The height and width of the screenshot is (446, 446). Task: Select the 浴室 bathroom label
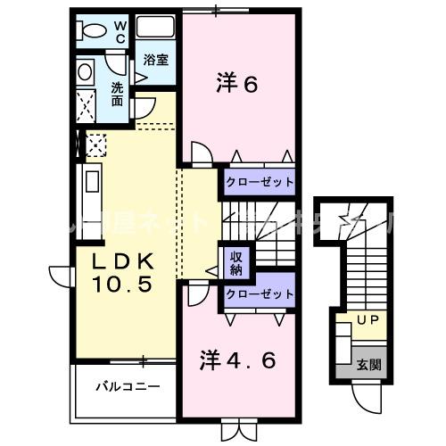[158, 61]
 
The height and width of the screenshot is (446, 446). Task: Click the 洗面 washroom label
[119, 94]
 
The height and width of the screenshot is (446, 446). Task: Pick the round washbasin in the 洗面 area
[86, 71]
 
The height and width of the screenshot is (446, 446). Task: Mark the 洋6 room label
[236, 85]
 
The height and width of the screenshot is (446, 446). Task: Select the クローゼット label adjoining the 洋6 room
[260, 182]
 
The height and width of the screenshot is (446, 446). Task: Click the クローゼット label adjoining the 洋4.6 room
[260, 293]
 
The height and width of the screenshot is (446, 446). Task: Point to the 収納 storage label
[238, 261]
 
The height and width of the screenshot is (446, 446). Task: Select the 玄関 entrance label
[369, 364]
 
